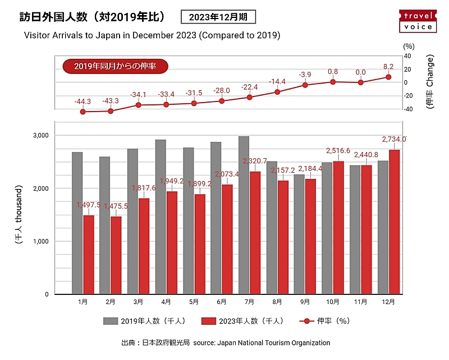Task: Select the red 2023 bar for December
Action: coord(395,221)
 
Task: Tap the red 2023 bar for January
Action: coord(89,255)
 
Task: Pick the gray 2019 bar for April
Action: coord(161,216)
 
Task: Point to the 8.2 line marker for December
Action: coord(388,77)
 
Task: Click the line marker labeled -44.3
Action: coord(83,112)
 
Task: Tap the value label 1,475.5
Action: coord(116,206)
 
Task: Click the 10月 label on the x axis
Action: coord(333,302)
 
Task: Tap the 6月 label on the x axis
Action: coord(222,302)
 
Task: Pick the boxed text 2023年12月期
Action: coord(218,17)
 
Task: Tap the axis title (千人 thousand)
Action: coord(19,214)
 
